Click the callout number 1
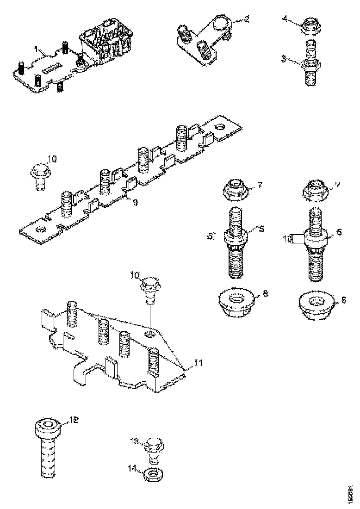point(36,48)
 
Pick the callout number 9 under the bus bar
point(135,203)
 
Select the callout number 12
point(74,420)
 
